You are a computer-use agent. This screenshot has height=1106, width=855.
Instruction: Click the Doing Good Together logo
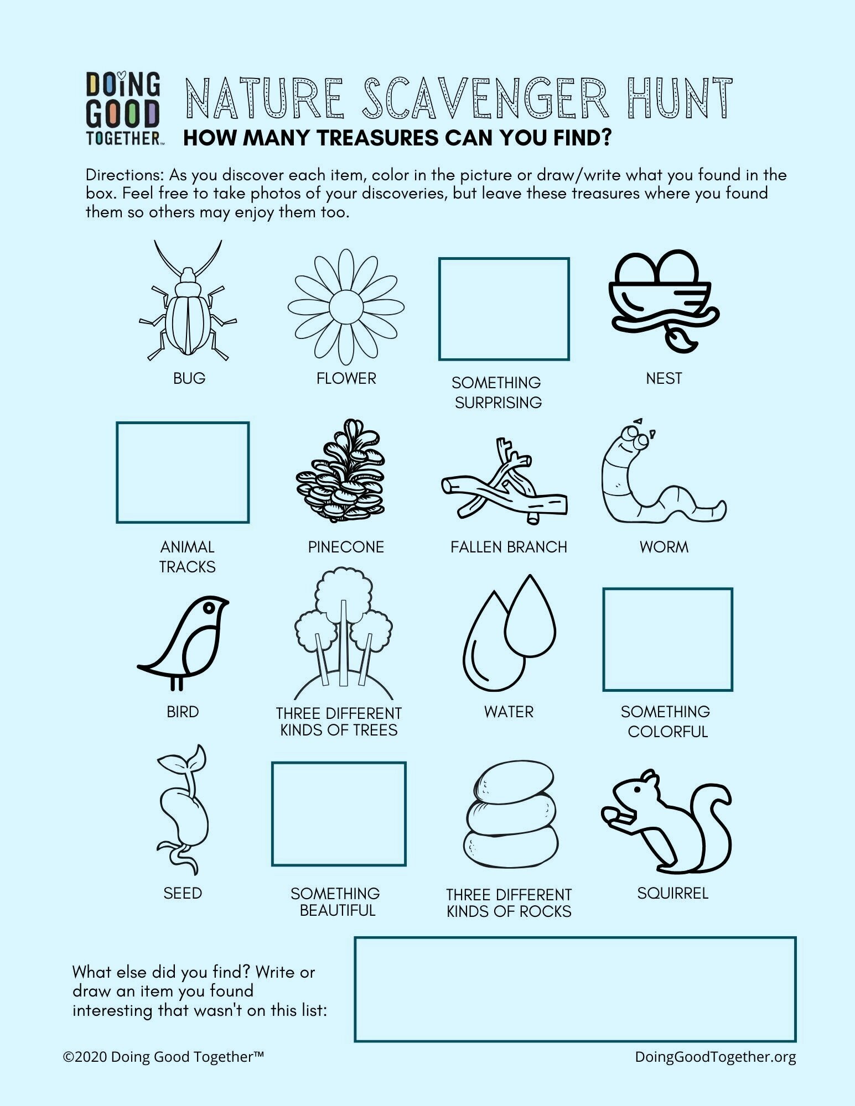coord(123,108)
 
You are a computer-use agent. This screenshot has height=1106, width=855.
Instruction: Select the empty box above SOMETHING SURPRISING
coord(504,309)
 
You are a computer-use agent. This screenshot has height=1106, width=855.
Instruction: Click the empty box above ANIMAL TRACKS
coord(183,472)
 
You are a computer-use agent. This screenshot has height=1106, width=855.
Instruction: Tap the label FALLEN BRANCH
coord(509,547)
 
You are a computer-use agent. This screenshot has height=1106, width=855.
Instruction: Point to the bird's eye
coord(209,607)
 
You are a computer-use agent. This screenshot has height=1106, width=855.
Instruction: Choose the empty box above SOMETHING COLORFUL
coord(667,639)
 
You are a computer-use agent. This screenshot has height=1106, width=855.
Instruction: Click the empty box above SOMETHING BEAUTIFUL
coord(339,813)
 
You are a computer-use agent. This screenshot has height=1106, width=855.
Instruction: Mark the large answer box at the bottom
coord(574,989)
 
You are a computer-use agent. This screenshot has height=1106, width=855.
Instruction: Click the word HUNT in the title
coord(680,100)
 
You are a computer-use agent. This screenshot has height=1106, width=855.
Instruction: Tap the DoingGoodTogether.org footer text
coord(715,1057)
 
